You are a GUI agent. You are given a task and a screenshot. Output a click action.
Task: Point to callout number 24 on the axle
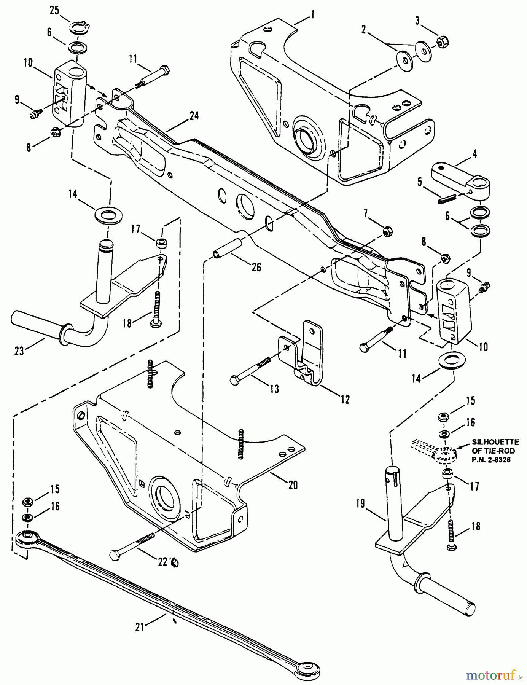(x=194, y=116)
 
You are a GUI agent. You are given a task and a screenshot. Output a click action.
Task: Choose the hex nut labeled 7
(x=387, y=231)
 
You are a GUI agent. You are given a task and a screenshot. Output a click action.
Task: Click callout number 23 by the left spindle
(x=19, y=351)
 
